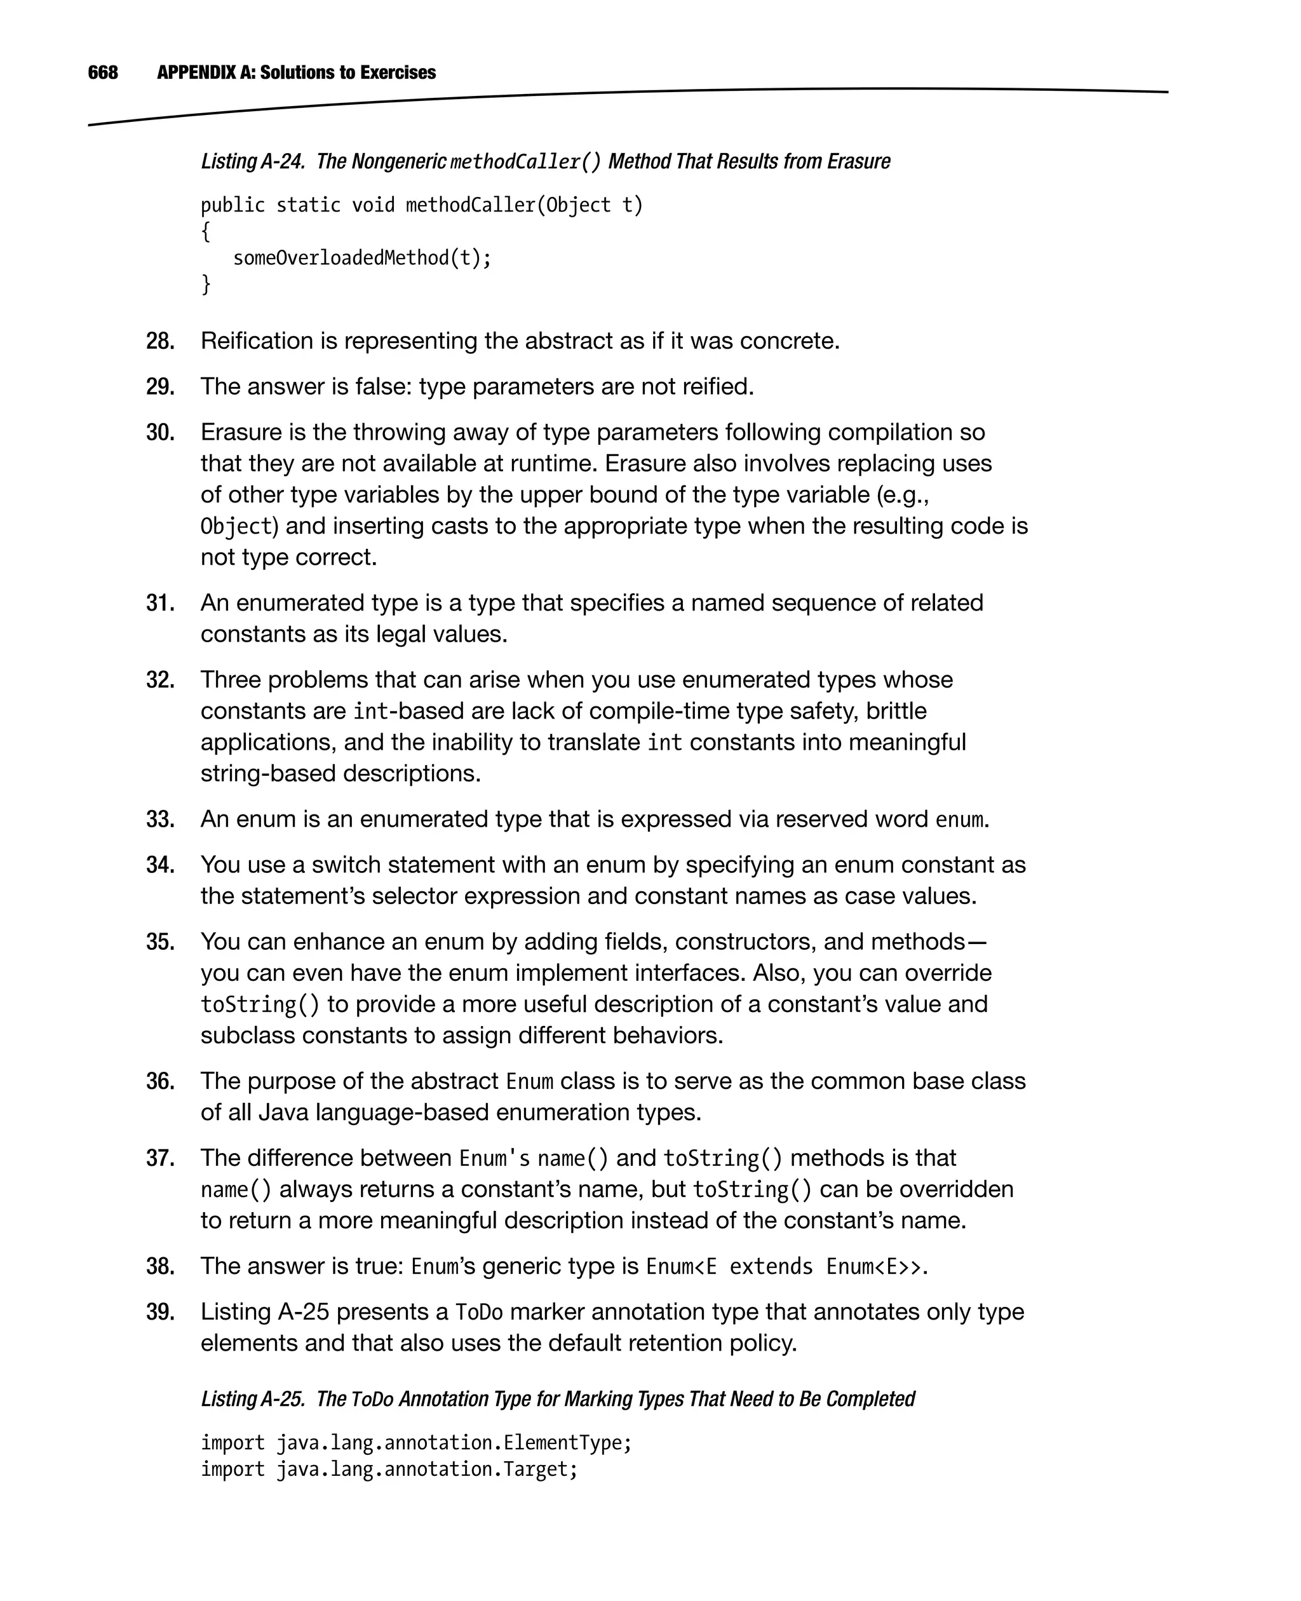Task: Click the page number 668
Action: pyautogui.click(x=103, y=72)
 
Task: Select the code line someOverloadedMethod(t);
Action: pyautogui.click(x=362, y=259)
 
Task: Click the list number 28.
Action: pyautogui.click(x=159, y=342)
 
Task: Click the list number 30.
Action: pyautogui.click(x=159, y=433)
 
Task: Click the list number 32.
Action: pyautogui.click(x=159, y=680)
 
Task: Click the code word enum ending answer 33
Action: pyautogui.click(x=959, y=820)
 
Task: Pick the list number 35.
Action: pyautogui.click(x=159, y=942)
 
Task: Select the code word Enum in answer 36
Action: pyautogui.click(x=529, y=1083)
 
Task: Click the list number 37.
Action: pyautogui.click(x=159, y=1159)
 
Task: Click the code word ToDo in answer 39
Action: pyautogui.click(x=479, y=1313)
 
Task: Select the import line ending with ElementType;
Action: pyautogui.click(x=416, y=1443)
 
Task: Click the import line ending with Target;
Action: pyautogui.click(x=389, y=1470)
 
